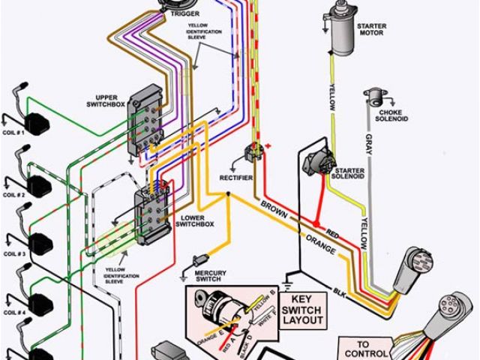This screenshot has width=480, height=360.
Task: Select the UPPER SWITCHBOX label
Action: [113, 100]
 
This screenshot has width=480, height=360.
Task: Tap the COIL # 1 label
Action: [13, 132]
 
